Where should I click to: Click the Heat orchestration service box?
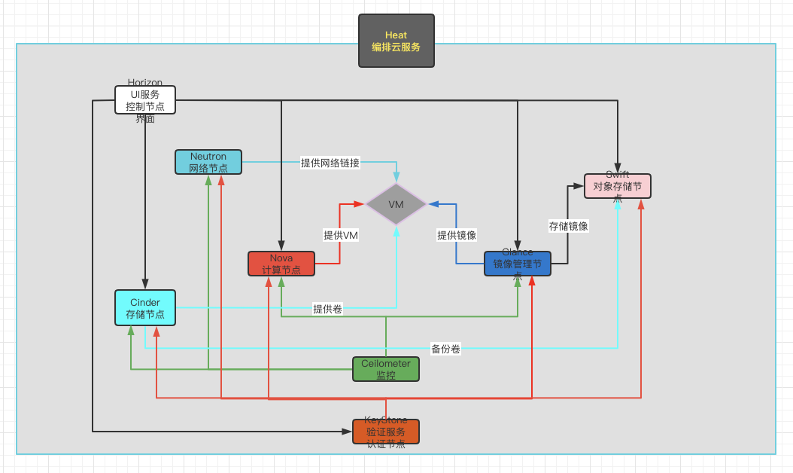(396, 41)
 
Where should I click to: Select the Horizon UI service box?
(145, 99)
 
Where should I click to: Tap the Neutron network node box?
(208, 162)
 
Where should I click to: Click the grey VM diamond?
(396, 204)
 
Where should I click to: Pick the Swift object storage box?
(618, 186)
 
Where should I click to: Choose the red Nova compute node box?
(281, 264)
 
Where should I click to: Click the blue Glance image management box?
(518, 264)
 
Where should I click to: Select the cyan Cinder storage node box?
(145, 307)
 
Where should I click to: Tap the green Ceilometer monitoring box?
(386, 369)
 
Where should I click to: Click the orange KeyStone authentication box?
(386, 432)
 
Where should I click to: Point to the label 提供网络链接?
(330, 162)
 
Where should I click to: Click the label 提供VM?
(341, 235)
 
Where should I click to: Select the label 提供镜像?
(457, 235)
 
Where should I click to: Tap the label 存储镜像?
(569, 226)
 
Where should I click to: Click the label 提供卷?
(327, 308)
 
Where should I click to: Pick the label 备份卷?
(445, 349)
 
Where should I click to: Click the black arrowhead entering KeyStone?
(348, 432)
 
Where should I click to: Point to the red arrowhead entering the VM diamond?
(360, 203)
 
